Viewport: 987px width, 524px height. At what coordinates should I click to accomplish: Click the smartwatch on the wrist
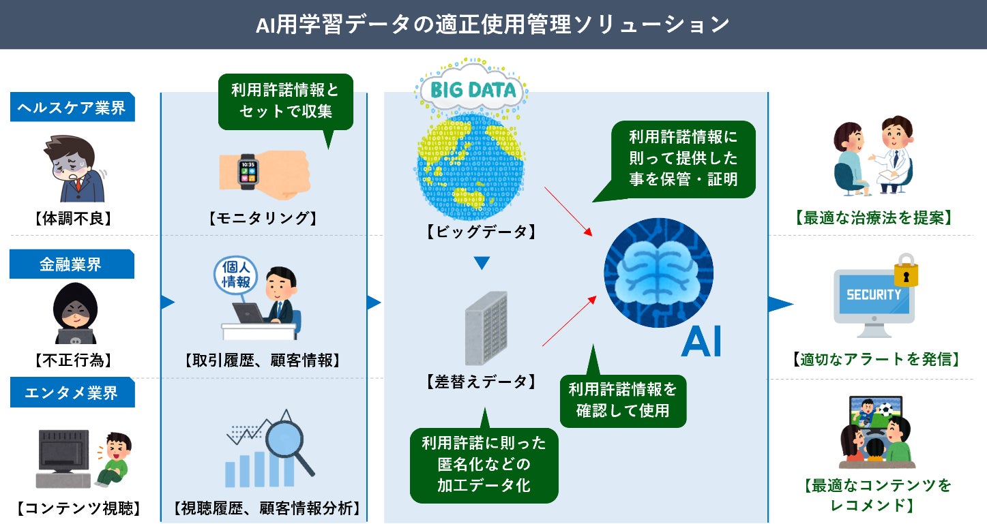pos(248,171)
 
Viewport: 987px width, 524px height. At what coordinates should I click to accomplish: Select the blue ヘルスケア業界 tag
pos(72,108)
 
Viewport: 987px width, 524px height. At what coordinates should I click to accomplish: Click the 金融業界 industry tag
pos(72,264)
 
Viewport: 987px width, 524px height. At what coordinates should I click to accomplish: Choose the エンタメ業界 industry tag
pos(72,393)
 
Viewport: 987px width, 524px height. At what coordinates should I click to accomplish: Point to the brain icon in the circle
pos(658,273)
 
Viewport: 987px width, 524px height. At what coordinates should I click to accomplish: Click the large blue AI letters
pos(701,342)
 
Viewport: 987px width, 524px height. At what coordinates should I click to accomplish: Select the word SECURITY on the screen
pos(874,295)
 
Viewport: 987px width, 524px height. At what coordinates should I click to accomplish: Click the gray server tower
pos(486,328)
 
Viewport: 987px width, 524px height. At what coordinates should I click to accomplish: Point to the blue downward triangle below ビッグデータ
pos(482,262)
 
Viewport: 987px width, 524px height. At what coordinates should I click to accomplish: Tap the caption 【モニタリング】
pos(263,218)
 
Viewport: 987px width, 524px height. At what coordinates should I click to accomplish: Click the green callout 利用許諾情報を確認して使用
pos(622,401)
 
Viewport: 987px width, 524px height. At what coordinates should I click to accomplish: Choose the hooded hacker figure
pos(75,313)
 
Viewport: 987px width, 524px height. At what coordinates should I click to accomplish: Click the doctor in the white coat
pos(893,153)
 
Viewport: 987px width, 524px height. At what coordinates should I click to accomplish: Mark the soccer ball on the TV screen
pos(885,410)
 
